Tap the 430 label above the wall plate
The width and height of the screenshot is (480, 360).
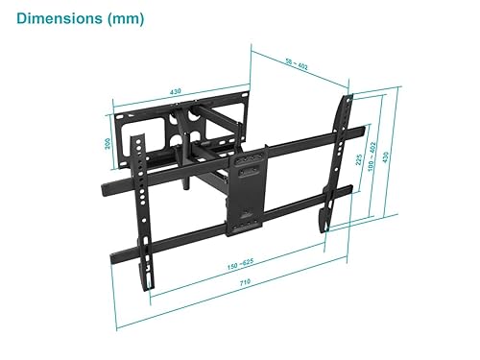[176, 92]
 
